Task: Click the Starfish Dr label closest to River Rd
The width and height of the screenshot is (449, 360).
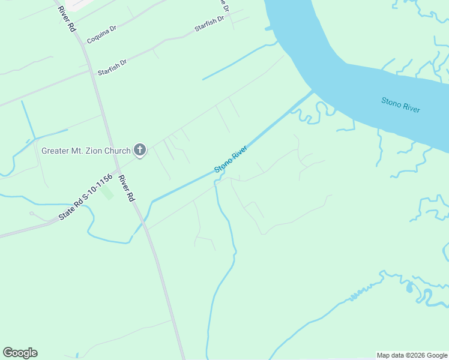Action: point(112,66)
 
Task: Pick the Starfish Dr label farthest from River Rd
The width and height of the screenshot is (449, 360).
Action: point(209,25)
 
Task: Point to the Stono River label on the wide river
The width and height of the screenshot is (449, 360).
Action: point(400,104)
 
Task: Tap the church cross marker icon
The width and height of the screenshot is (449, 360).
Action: point(140,150)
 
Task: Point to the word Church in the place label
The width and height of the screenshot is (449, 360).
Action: point(118,151)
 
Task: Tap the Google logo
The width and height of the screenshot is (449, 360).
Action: point(20,353)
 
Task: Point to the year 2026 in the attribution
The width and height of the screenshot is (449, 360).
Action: point(418,355)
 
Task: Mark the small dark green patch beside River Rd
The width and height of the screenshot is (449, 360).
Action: point(107,193)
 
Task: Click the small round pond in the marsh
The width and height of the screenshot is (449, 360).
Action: point(409,289)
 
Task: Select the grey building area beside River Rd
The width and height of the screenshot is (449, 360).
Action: point(75,4)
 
